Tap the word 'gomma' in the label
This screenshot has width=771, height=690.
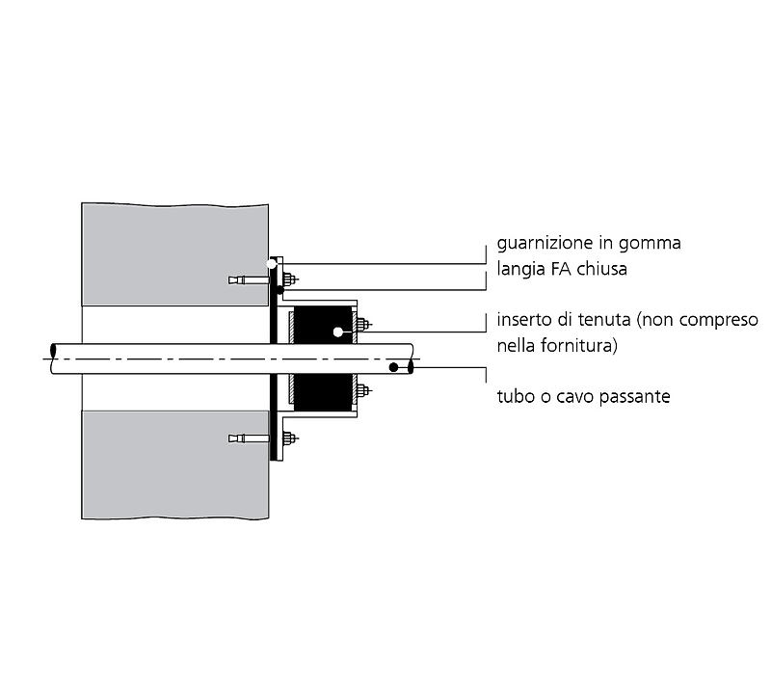pos(650,244)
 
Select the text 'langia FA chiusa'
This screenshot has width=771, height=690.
pos(562,269)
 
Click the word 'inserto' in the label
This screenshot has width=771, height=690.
pos(524,320)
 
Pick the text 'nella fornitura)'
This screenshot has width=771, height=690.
pos(557,345)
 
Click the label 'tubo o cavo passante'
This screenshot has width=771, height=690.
pos(584,396)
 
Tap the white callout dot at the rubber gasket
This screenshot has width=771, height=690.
pos(272,264)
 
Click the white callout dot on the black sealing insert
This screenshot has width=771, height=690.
pos(338,332)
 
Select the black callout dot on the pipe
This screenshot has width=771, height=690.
pos(393,367)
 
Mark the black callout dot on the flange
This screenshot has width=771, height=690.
pos(279,290)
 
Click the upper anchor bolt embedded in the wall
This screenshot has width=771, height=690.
pos(249,279)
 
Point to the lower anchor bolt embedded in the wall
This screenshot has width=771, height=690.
pos(249,438)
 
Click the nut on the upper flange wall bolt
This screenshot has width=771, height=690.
pos(290,279)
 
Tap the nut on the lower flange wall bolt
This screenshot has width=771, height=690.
pos(290,438)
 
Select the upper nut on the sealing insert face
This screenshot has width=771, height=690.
pos(363,325)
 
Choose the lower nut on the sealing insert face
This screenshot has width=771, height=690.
pos(363,391)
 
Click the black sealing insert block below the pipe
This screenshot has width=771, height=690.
pos(323,392)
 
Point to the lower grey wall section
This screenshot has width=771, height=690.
pos(175,464)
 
